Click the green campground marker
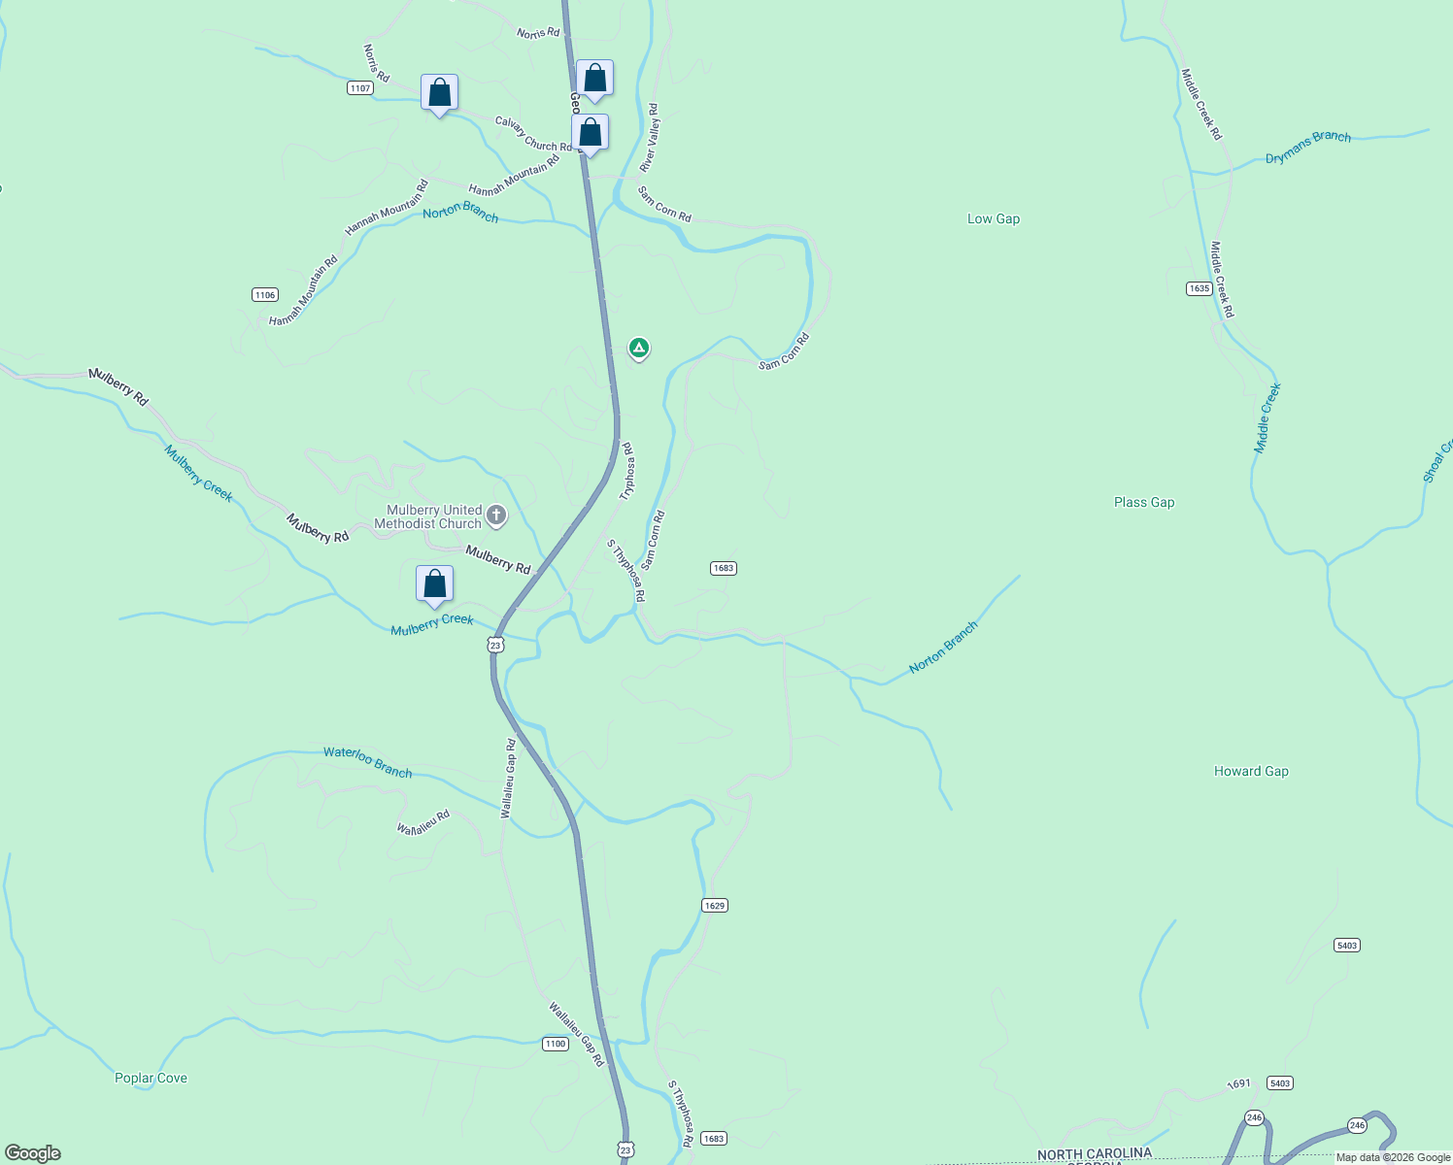(638, 347)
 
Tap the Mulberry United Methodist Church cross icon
(496, 516)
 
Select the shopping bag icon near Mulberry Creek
(434, 584)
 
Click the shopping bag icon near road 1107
(439, 93)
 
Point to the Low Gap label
(994, 218)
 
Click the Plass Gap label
(1144, 502)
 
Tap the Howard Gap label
(1251, 771)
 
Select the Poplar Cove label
(151, 1078)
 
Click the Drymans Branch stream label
(1307, 147)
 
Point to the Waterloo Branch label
(367, 762)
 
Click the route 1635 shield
(1199, 288)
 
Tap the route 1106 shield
(264, 294)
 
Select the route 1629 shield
(714, 905)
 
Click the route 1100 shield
(555, 1044)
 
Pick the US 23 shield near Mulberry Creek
(495, 645)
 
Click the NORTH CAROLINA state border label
(1094, 1153)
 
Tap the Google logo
(33, 1153)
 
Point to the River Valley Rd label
(649, 138)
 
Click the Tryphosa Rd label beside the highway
(628, 471)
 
